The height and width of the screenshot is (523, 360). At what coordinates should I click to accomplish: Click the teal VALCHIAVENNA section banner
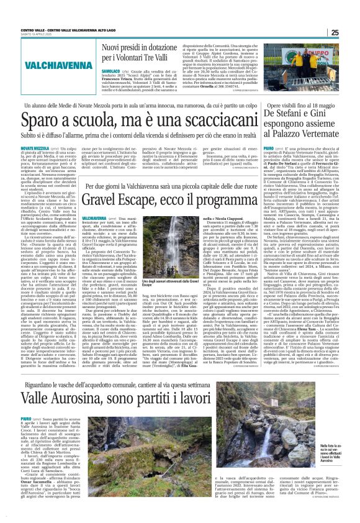(x=44, y=64)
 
